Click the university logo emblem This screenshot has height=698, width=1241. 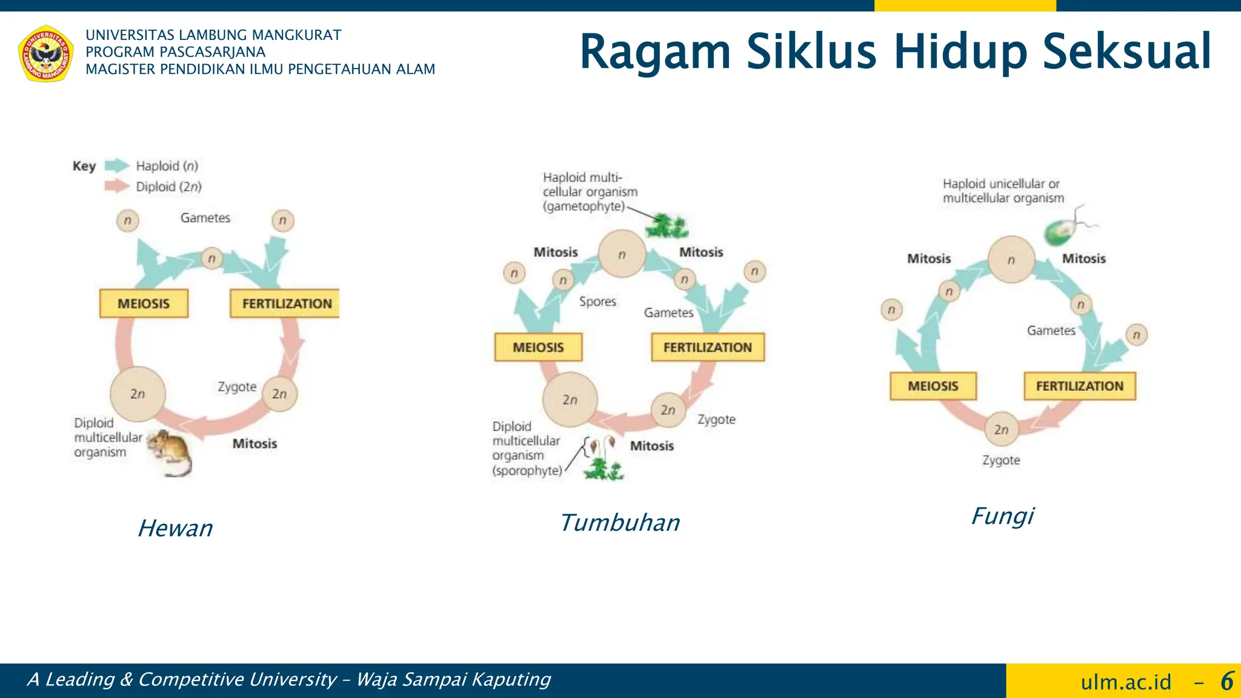46,53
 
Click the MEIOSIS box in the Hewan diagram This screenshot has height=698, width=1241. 144,304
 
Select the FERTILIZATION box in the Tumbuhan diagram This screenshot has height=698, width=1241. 707,347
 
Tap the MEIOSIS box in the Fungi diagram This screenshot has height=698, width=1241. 933,386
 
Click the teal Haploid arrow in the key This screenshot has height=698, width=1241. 117,165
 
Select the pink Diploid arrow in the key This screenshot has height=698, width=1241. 117,186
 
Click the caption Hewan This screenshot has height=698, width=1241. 175,528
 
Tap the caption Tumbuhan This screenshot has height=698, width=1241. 619,522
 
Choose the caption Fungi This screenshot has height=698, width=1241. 1003,516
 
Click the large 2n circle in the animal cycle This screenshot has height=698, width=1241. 138,394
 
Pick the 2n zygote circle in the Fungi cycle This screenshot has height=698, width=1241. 1001,430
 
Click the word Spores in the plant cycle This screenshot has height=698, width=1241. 597,301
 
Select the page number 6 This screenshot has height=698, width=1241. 1226,681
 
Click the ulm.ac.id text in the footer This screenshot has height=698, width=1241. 1126,682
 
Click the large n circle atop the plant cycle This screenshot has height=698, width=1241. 622,254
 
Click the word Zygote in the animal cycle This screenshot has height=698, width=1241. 237,387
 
